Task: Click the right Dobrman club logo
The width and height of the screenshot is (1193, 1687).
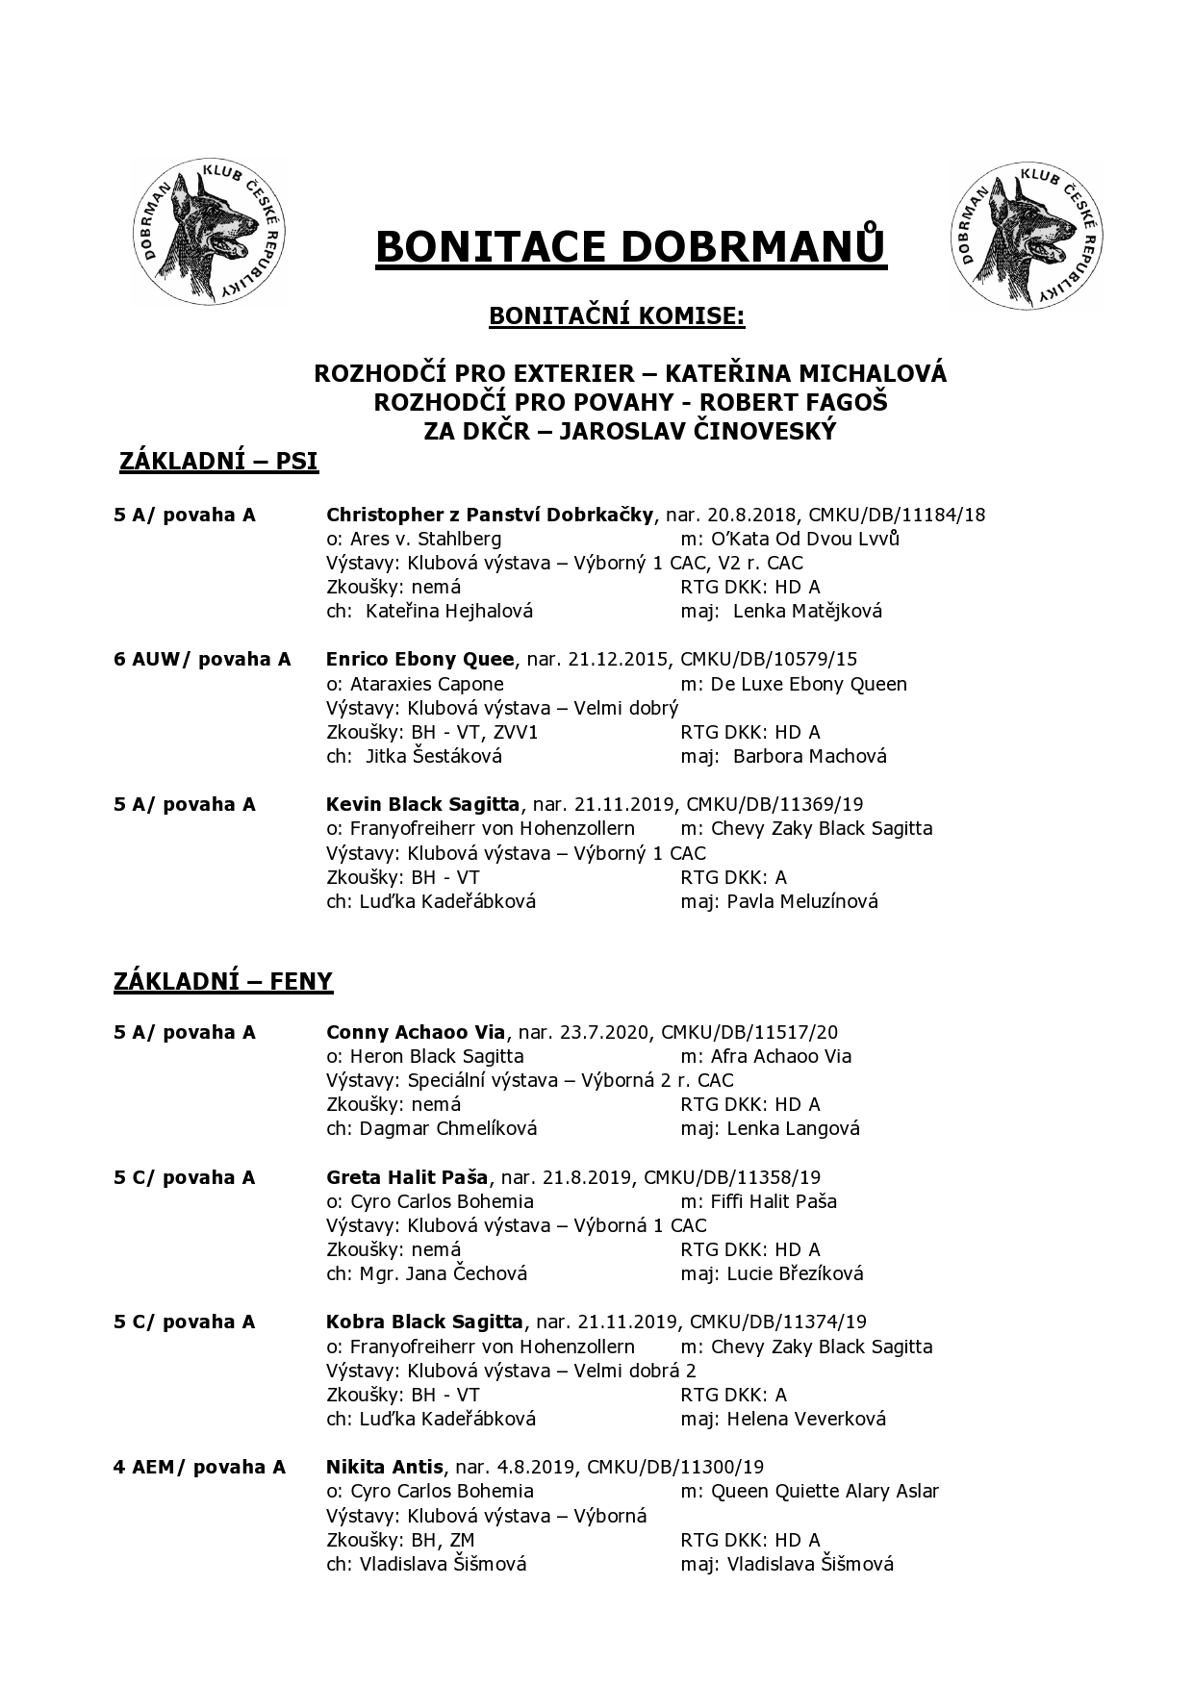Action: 1024,236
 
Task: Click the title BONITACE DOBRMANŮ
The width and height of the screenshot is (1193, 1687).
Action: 630,247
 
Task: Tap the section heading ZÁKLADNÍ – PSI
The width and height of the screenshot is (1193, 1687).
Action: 218,462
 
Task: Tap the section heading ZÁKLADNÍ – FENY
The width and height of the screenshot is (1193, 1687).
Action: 223,981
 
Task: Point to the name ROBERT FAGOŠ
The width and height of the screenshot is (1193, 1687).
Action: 814,402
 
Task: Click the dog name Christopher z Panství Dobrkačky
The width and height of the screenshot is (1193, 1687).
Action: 490,515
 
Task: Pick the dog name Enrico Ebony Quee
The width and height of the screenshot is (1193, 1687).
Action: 420,659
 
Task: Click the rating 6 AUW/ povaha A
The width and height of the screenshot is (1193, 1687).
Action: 202,659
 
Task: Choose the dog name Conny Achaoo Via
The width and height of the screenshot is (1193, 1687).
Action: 416,1032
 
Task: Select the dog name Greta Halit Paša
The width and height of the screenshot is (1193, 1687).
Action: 407,1177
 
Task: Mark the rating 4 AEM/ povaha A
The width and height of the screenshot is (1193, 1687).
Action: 199,1467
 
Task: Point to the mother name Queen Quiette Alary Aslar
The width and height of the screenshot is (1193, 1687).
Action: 825,1491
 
